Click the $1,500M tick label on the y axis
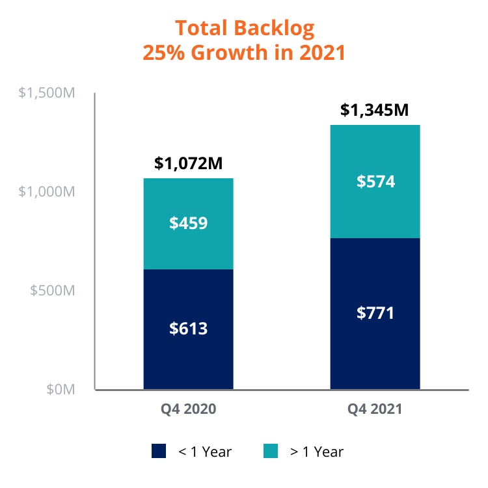click(47, 93)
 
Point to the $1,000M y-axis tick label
click(47, 192)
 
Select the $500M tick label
click(52, 290)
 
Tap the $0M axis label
click(61, 389)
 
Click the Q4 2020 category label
click(188, 409)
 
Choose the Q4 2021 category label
click(375, 409)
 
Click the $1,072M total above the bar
click(188, 163)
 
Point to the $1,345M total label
click(374, 110)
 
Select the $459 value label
click(188, 223)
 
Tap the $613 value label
click(188, 329)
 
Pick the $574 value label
click(375, 182)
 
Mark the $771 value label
click(375, 313)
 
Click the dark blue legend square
click(159, 451)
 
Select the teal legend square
click(271, 451)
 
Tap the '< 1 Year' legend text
click(205, 452)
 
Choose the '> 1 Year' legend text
click(317, 452)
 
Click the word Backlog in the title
click(274, 29)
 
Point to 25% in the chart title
click(164, 52)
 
